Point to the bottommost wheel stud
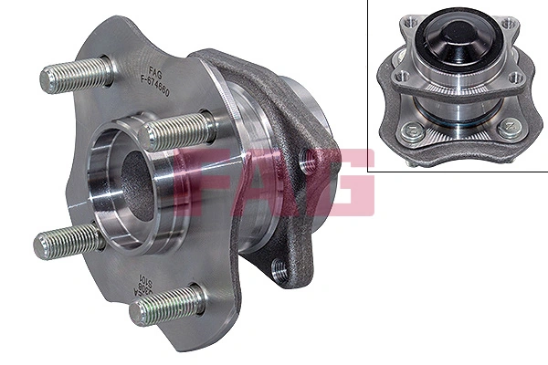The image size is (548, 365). pos(164,305)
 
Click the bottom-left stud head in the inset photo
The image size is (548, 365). pos(402,131)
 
